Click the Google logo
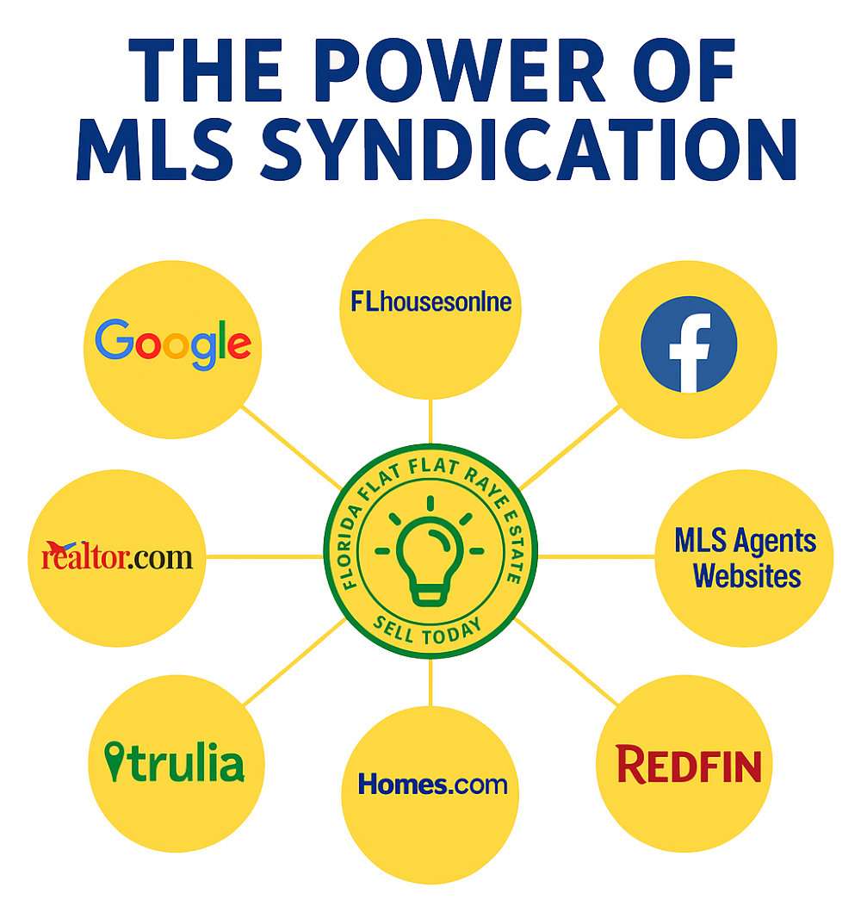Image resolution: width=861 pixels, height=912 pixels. pyautogui.click(x=173, y=344)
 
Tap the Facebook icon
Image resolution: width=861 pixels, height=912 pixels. pyautogui.click(x=689, y=344)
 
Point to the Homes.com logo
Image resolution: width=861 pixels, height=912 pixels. pyautogui.click(x=432, y=784)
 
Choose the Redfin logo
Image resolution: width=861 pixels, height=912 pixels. pyautogui.click(x=689, y=765)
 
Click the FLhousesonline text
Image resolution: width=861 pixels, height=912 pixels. pyautogui.click(x=431, y=302)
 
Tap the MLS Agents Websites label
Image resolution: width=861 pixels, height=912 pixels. pyautogui.click(x=746, y=558)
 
